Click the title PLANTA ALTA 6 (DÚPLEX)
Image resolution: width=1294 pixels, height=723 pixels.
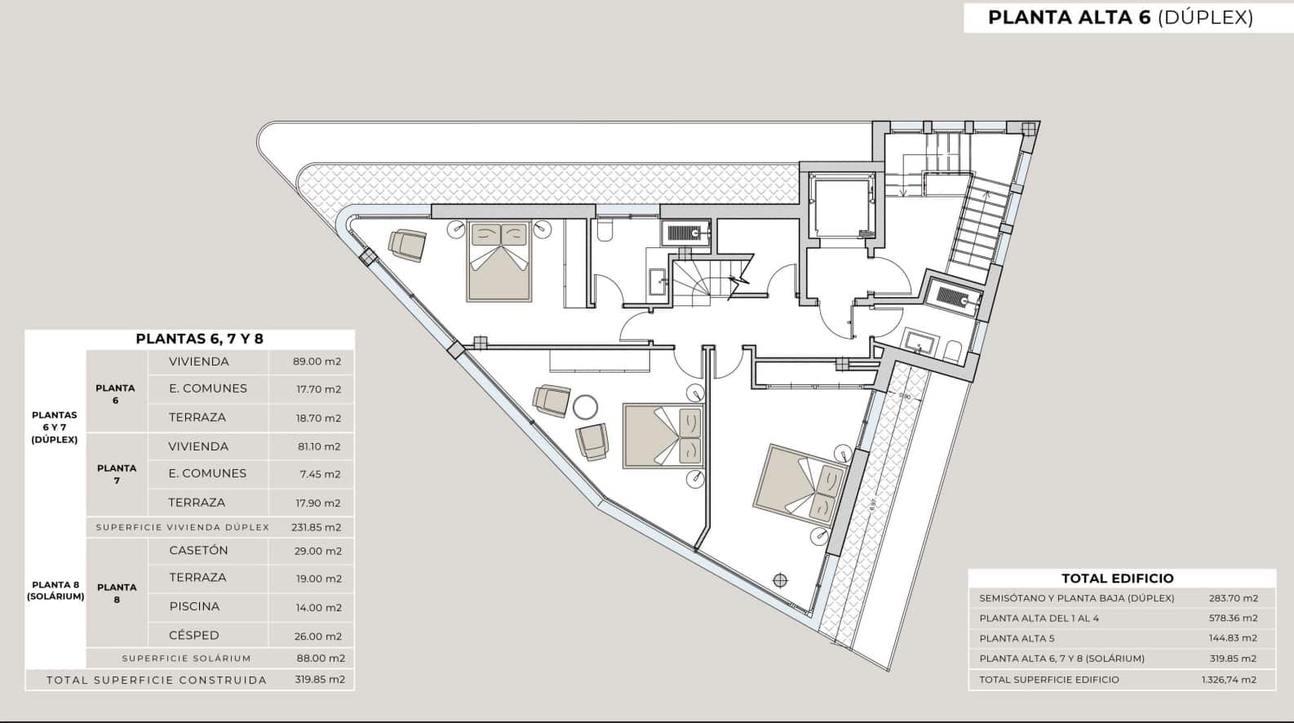[x=1121, y=17]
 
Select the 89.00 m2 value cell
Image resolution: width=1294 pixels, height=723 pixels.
[x=317, y=361]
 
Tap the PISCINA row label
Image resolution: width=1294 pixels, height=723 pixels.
[x=194, y=607]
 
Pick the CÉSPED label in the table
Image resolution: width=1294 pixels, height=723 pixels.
[x=194, y=636]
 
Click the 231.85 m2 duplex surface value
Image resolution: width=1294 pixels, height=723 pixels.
[x=317, y=527]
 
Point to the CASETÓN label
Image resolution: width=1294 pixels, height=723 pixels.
[x=199, y=551]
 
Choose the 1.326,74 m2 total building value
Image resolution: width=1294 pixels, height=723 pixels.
[x=1230, y=680]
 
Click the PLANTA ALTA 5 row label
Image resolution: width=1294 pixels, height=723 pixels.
[x=1017, y=639]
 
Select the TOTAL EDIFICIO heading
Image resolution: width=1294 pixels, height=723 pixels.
[x=1118, y=579]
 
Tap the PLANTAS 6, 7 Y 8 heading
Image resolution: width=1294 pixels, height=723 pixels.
[x=199, y=339]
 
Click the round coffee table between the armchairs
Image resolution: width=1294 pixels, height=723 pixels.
[x=585, y=407]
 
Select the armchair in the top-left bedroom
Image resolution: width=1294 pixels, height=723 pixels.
[x=407, y=245]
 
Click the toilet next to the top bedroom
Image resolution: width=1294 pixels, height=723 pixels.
[x=605, y=229]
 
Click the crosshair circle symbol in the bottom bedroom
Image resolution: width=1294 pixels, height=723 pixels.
[x=781, y=579]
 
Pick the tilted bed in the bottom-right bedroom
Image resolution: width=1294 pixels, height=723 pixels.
[x=800, y=484]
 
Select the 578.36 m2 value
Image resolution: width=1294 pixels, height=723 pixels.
[x=1234, y=619]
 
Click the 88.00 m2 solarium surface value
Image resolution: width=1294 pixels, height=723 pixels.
[x=320, y=659]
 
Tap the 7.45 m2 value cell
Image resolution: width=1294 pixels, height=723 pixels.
[x=320, y=474]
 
